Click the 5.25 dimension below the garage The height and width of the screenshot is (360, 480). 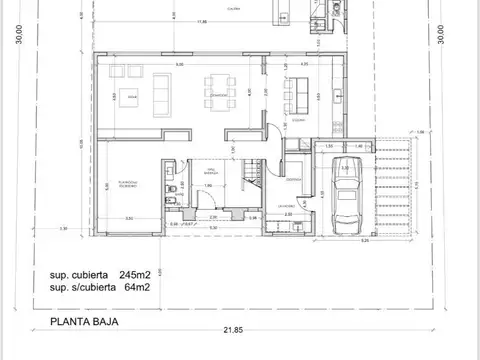[x=366, y=240]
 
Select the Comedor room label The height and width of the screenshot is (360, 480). [x=219, y=95]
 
